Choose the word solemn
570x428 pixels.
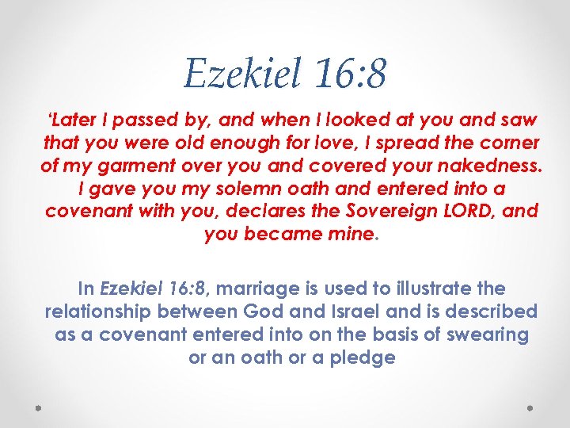pos(234,189)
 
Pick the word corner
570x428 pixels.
pos(509,143)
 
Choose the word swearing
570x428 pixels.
pos(486,334)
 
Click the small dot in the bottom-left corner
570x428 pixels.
pos(39,408)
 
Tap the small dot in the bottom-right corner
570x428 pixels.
pos(531,408)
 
